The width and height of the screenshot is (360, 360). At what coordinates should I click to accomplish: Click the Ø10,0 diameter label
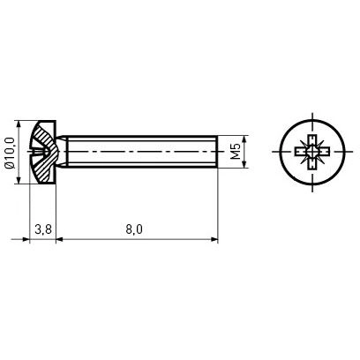9,153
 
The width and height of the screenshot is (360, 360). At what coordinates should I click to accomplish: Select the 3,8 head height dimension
43,229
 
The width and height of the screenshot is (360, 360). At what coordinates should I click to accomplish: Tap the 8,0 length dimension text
134,229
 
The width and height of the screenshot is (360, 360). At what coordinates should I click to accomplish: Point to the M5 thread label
236,152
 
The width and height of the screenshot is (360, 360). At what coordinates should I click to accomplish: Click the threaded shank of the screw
141,152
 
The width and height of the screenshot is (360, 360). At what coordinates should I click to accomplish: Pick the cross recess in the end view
312,152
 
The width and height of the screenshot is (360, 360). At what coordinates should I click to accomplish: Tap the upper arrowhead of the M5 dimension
244,139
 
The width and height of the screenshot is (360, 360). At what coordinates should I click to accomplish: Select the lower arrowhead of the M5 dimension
244,164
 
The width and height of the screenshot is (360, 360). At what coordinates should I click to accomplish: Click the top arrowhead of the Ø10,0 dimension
19,125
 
